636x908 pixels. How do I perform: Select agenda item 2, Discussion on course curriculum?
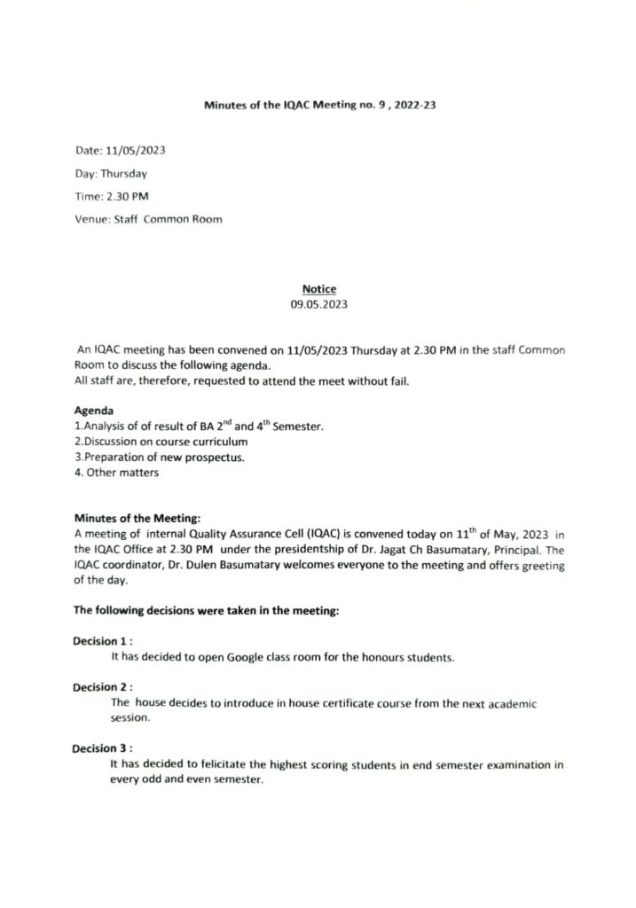pos(161,442)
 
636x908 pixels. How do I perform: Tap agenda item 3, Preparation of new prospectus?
pos(157,457)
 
